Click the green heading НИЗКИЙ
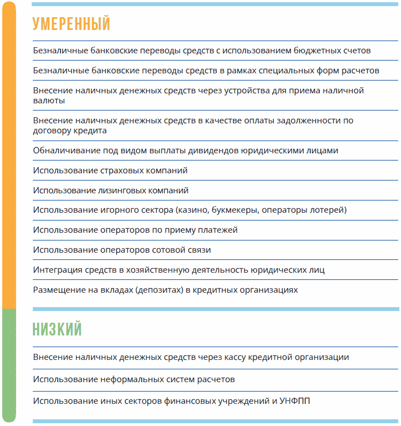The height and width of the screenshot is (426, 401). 57,329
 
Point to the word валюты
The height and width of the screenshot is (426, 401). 48,101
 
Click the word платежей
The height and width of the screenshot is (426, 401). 202,230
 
